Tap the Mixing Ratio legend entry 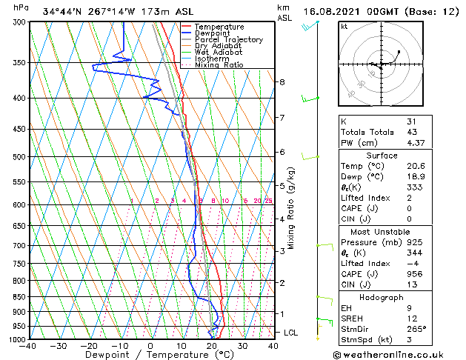click(219, 65)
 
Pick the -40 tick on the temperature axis click(29, 346)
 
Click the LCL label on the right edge click(291, 333)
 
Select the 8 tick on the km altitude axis click(282, 81)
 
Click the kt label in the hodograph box click(344, 26)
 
